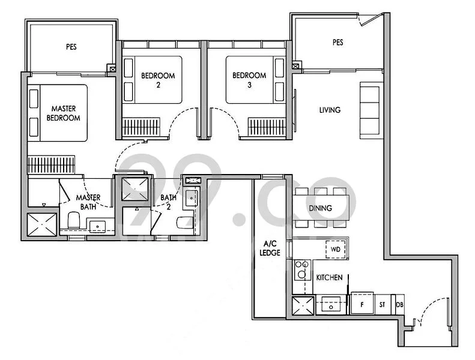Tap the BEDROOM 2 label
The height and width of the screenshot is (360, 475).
pos(158,80)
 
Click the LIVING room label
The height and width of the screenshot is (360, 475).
pos(330,110)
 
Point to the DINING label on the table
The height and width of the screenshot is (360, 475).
pos(320,208)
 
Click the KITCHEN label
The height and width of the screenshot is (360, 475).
pos(329,278)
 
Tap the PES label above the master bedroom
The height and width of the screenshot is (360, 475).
pos(71,46)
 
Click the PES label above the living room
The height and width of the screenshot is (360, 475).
pos(337,43)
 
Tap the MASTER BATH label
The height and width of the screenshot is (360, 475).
pos(88,202)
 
